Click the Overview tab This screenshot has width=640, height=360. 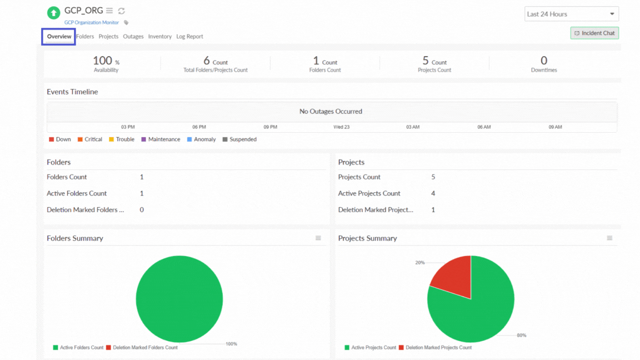click(59, 37)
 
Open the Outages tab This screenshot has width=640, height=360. click(133, 37)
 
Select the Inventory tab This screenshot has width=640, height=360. click(159, 37)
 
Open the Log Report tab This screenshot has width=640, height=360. click(189, 37)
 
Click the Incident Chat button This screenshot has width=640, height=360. click(594, 33)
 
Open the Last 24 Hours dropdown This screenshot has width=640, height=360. click(571, 14)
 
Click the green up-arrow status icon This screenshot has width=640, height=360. click(53, 13)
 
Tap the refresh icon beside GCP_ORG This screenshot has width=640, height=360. click(121, 11)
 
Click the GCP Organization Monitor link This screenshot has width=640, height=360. click(92, 23)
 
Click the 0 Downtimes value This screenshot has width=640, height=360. click(543, 61)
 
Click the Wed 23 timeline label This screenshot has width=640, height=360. click(341, 127)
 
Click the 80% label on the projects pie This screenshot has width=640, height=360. click(521, 336)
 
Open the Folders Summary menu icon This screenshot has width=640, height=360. click(318, 238)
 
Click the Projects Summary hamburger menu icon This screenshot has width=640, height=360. click(609, 238)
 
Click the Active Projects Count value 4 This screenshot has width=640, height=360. click(433, 193)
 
